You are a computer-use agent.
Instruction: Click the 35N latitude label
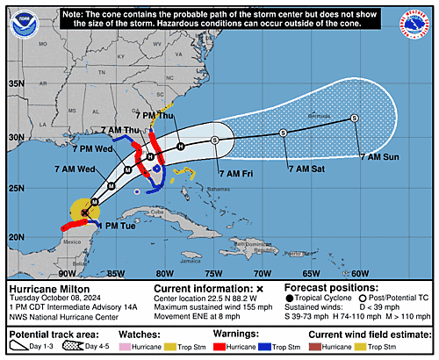pyautogui.click(x=16, y=83)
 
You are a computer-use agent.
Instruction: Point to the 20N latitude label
pyautogui.click(x=16, y=237)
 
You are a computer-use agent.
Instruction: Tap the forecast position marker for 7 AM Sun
pyautogui.click(x=354, y=118)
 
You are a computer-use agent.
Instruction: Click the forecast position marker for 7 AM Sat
pyautogui.click(x=283, y=133)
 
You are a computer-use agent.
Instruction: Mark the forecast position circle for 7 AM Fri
pyautogui.click(x=215, y=140)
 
